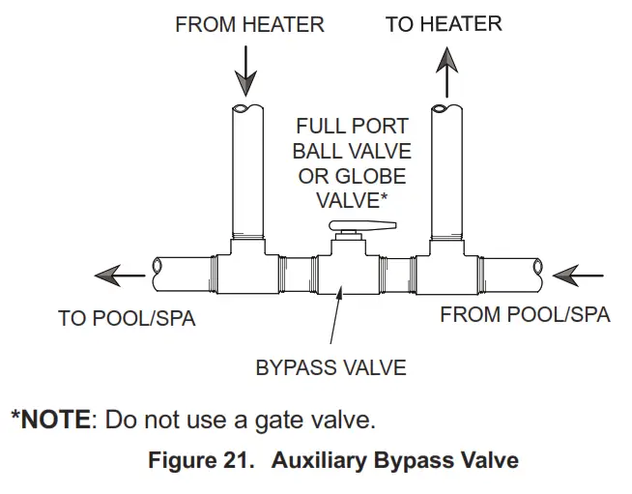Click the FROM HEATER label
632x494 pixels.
(x=249, y=25)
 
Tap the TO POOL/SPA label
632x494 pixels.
(x=127, y=318)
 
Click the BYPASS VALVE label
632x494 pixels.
(x=330, y=367)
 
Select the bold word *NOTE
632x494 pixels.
(x=52, y=421)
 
